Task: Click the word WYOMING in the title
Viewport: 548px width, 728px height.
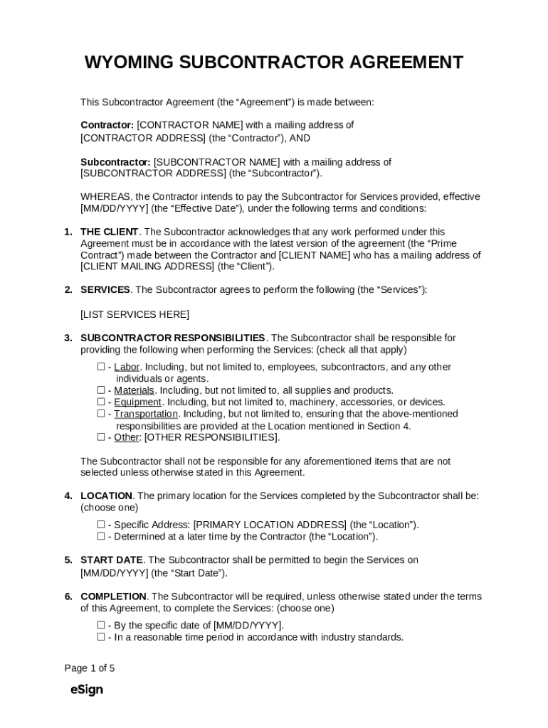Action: click(129, 63)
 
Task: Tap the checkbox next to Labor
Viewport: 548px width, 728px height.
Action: click(101, 367)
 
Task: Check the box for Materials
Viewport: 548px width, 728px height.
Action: click(101, 390)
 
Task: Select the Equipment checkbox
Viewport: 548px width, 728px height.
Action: click(101, 402)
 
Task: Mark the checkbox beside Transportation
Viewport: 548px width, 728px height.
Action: click(101, 414)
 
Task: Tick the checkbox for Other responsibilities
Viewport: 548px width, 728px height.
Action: click(101, 437)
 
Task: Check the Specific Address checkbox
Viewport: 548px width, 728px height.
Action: click(101, 525)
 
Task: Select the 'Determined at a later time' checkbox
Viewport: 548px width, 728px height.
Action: click(101, 537)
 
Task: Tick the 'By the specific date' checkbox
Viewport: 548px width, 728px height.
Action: click(101, 626)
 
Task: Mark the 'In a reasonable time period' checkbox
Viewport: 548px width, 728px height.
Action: click(101, 637)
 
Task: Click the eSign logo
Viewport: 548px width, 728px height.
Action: click(87, 690)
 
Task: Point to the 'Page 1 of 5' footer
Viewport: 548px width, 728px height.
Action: click(89, 668)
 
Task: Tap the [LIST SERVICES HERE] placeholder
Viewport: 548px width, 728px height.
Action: click(135, 314)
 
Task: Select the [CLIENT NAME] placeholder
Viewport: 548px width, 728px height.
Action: click(312, 255)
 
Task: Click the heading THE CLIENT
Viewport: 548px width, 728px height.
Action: click(110, 232)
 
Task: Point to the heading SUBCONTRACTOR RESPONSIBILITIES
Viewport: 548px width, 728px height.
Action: click(173, 338)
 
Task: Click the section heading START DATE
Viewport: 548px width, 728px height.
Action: click(112, 560)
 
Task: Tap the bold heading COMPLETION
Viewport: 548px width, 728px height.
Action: click(114, 596)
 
